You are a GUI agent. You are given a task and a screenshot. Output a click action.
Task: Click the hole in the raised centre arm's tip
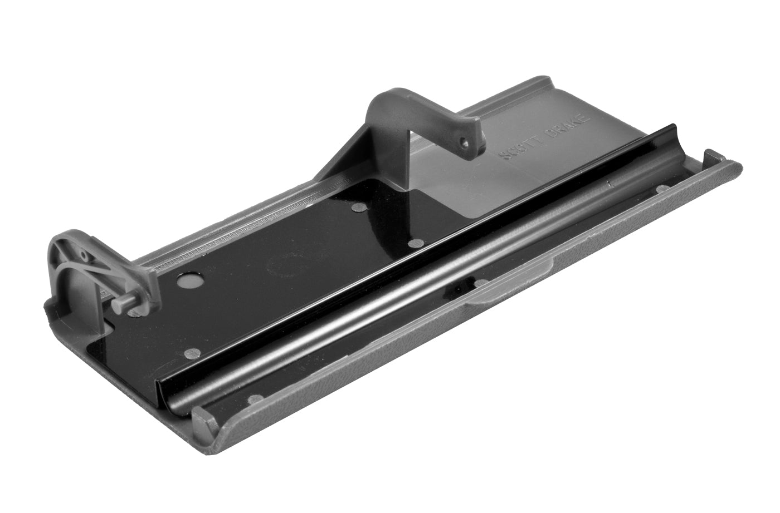pyautogui.click(x=462, y=142)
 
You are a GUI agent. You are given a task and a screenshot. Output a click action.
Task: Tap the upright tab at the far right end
pyautogui.click(x=714, y=156)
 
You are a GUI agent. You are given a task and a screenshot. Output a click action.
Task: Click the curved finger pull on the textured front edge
pyautogui.click(x=512, y=285)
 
